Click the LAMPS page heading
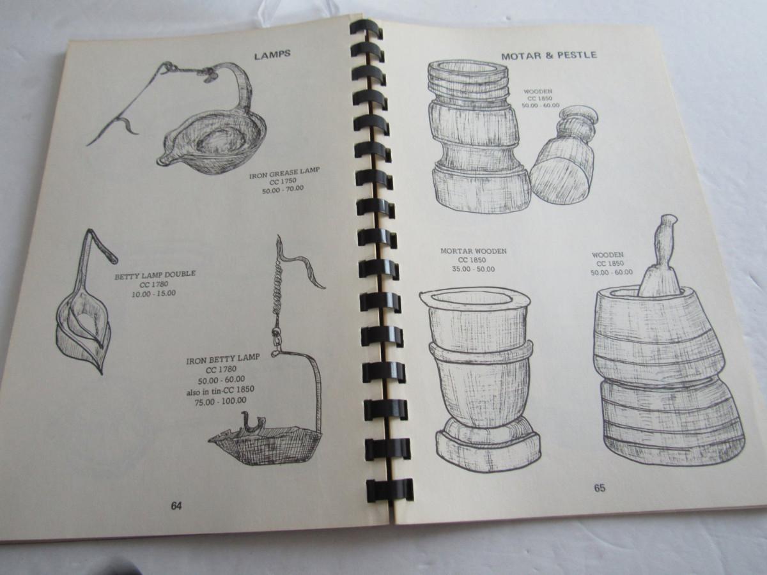coord(272,56)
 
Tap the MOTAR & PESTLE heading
coord(549,56)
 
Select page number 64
coord(176,506)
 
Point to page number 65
coord(600,488)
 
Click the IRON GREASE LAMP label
coord(284,173)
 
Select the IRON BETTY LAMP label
coord(223,359)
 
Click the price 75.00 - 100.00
coord(221,401)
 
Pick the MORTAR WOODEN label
coord(474,251)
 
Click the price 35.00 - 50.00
coord(474,269)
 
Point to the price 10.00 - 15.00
coord(153,294)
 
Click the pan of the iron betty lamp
coord(265,441)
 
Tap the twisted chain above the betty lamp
coord(279,290)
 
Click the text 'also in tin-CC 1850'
coord(220,390)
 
